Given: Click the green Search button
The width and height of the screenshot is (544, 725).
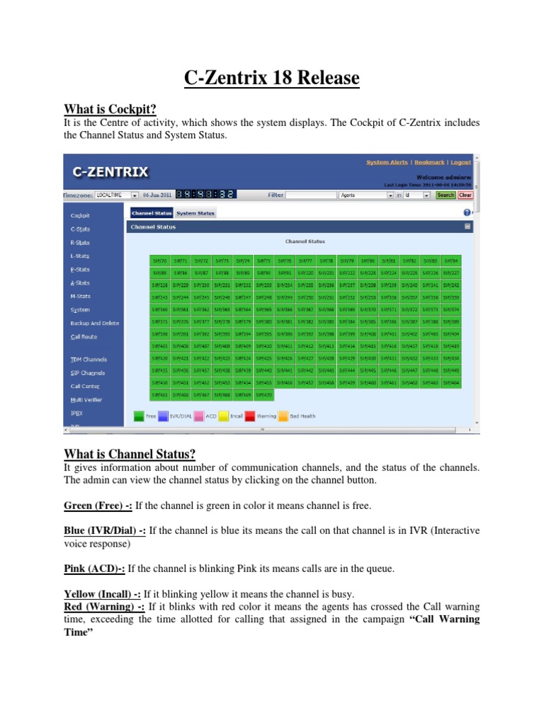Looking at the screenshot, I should click(446, 195).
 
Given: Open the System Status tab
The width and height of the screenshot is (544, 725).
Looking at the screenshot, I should click(195, 212).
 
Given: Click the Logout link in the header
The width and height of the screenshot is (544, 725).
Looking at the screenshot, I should click(460, 162).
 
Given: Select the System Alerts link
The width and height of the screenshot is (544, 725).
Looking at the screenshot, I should click(387, 162).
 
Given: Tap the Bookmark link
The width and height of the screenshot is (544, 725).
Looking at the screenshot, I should click(429, 162).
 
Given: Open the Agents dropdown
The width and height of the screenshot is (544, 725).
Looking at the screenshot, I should click(365, 195).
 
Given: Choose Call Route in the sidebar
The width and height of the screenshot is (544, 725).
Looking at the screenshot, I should click(84, 337).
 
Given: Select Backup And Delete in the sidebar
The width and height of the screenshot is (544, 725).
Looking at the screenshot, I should click(95, 323).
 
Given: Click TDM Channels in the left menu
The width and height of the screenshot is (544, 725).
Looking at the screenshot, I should click(88, 360).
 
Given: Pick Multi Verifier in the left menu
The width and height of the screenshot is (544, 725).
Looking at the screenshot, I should click(86, 399).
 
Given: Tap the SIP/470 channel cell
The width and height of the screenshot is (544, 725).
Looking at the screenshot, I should click(263, 394).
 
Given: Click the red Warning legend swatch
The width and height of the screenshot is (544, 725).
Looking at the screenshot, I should click(250, 416).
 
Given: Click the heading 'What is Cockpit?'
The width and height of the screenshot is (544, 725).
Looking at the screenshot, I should click(110, 108).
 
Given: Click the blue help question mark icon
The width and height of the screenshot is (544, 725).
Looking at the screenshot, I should click(467, 212).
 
